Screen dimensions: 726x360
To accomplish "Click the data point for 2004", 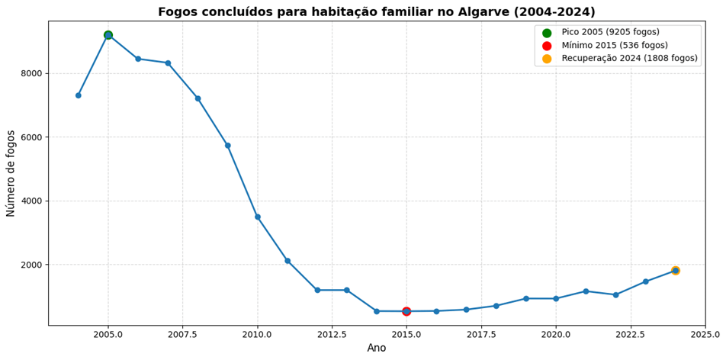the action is pos(79,95).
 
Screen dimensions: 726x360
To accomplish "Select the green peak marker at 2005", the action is pos(108,35).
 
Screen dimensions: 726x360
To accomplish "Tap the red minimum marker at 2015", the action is pos(406,311).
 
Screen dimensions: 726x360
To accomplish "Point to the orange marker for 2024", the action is pos(676,271).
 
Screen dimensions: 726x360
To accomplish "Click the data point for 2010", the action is pos(258,217).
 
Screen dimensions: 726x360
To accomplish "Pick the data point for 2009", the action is pos(228,146).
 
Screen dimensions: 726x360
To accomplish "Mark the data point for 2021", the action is pos(586,291).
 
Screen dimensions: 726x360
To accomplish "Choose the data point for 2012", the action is pos(317,290).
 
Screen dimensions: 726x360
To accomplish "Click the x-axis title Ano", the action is pos(377,348).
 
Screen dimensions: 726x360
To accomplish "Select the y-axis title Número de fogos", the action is pos(11,174).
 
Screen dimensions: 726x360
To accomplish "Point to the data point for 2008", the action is pos(198,98).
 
